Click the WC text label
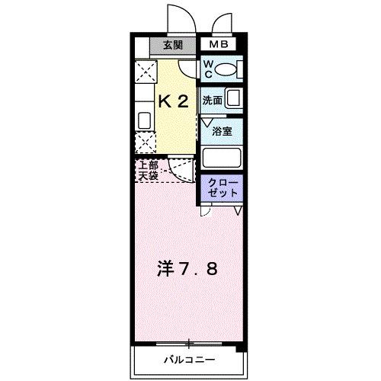coord(208,69)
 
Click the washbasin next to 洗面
coord(234,99)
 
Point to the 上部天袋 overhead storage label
coord(148,171)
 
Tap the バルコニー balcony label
coord(187,359)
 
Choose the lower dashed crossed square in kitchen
coord(143,142)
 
